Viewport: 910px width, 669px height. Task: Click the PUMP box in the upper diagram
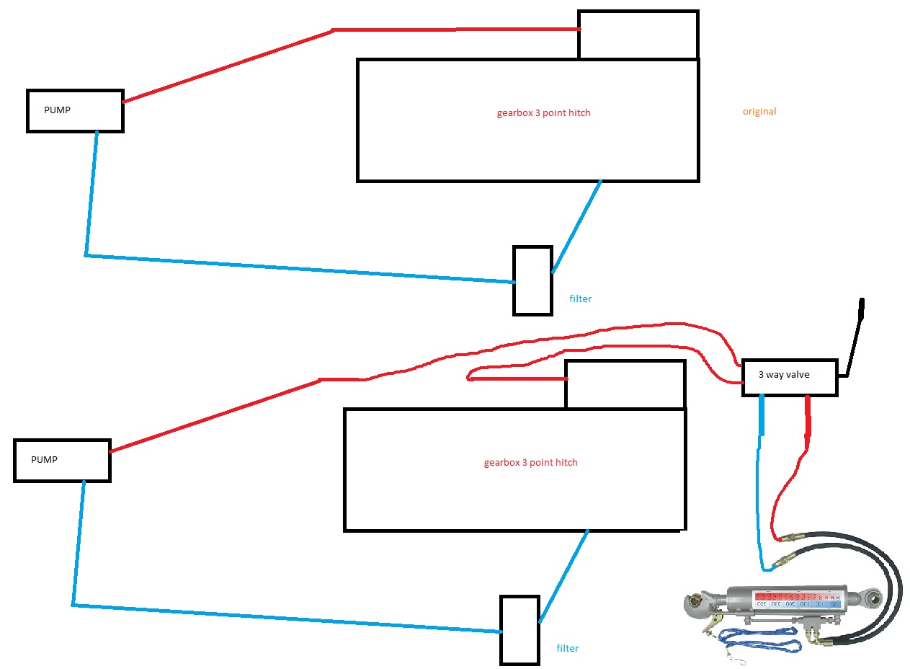(75, 111)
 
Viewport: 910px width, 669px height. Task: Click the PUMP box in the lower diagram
(62, 460)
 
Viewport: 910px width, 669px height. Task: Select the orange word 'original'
(759, 112)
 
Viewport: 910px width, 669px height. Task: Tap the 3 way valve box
(790, 377)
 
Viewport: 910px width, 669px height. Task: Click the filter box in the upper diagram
(532, 280)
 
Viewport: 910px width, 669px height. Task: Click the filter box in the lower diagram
(519, 629)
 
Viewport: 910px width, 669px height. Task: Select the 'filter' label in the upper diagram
(581, 298)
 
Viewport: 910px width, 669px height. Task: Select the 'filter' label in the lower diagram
(568, 648)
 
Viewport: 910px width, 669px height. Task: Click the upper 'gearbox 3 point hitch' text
(543, 112)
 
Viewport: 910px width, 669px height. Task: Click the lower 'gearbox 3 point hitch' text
(530, 462)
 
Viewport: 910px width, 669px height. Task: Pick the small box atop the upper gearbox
(638, 35)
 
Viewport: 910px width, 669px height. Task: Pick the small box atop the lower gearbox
(625, 384)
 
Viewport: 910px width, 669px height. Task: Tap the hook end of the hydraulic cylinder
(700, 602)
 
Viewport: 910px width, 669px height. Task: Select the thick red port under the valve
(808, 417)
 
